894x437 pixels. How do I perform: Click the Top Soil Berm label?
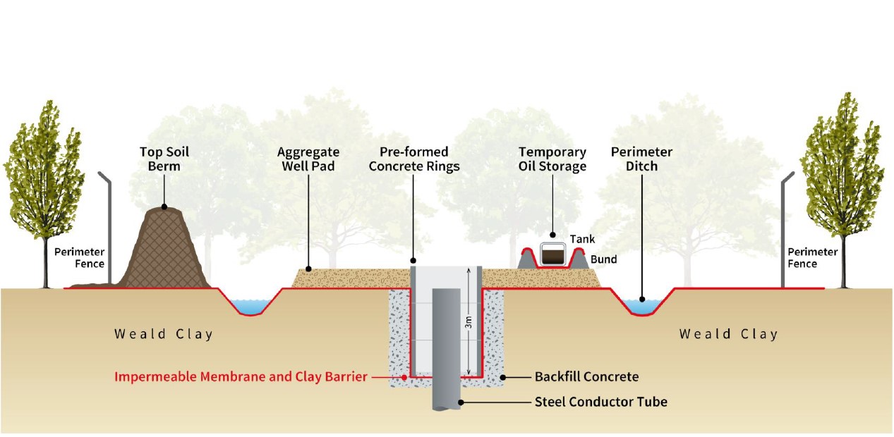click(164, 159)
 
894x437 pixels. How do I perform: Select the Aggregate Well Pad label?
click(308, 159)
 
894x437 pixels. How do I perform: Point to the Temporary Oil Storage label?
click(552, 159)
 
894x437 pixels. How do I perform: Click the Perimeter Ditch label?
click(641, 159)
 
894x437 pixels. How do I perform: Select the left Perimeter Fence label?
click(80, 258)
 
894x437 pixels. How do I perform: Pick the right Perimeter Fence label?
click(813, 258)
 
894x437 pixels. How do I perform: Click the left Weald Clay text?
click(164, 334)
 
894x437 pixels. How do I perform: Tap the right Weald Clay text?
click(728, 334)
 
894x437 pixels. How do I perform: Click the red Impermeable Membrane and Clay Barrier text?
click(241, 377)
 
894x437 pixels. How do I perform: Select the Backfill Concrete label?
click(586, 377)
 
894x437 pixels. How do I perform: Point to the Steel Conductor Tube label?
click(600, 402)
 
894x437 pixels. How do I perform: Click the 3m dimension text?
click(469, 324)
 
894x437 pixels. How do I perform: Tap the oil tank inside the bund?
click(552, 254)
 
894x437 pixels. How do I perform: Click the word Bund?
click(604, 259)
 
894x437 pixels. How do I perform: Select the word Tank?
click(582, 240)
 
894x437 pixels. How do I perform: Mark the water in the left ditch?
click(250, 305)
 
